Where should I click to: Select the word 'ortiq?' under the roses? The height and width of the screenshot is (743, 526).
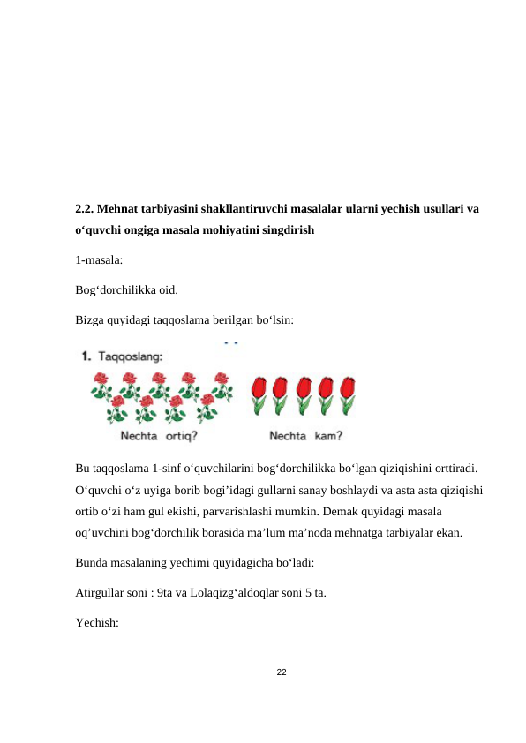(x=181, y=434)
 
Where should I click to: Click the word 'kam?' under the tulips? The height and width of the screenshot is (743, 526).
(x=328, y=434)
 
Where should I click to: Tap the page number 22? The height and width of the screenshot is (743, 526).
(x=281, y=673)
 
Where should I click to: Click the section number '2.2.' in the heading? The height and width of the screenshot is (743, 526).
(x=85, y=210)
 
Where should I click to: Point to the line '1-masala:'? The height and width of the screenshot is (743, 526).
(x=99, y=261)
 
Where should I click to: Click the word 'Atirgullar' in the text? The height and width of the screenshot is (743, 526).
(x=101, y=592)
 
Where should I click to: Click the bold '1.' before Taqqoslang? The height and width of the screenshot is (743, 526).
(x=86, y=356)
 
